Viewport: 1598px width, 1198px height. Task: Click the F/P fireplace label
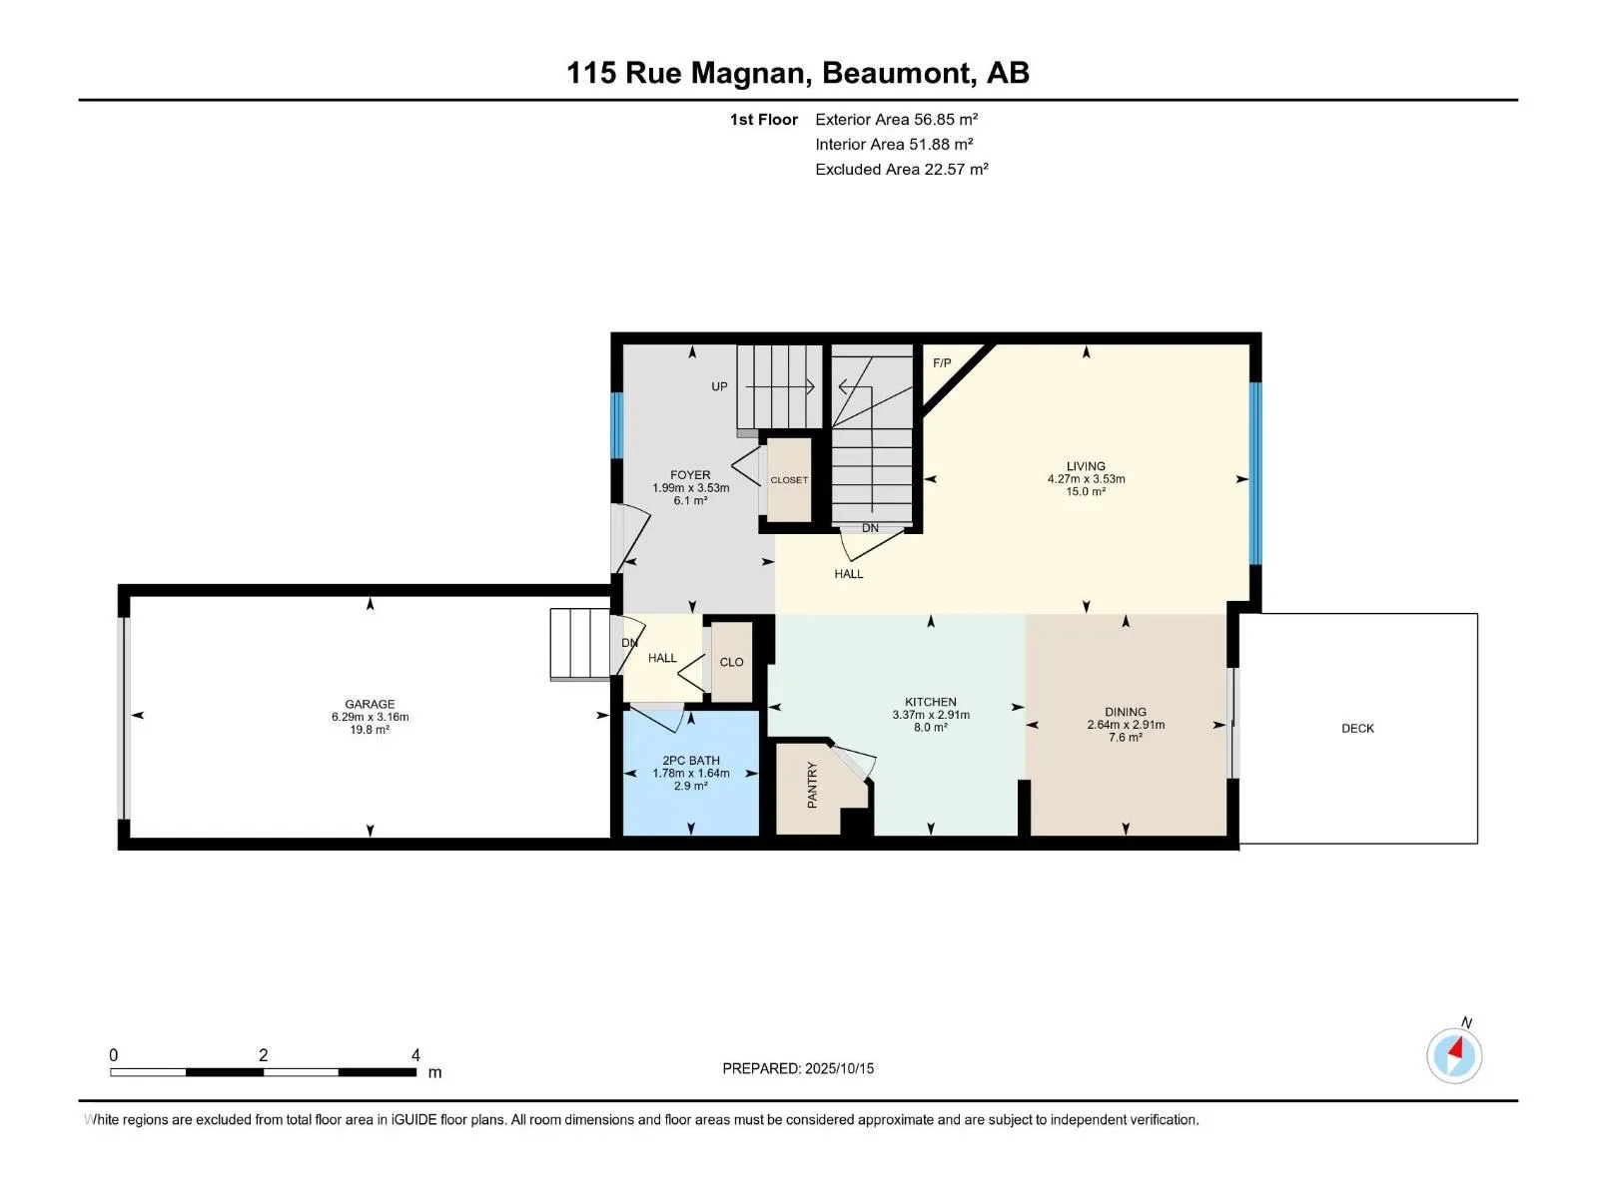click(x=942, y=363)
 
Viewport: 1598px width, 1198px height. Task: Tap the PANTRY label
click(x=812, y=785)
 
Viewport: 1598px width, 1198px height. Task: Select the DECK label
click(x=1357, y=728)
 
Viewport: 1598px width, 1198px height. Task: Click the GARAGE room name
click(x=370, y=704)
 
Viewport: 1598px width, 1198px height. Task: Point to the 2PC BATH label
click(x=691, y=760)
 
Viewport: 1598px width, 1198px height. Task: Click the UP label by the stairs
click(x=719, y=387)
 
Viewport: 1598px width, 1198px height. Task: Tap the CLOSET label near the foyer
click(x=789, y=480)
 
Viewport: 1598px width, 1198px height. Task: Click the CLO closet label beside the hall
click(x=732, y=662)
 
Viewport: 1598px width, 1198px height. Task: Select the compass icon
click(x=1454, y=1056)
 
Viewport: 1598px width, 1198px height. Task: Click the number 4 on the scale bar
click(x=415, y=1055)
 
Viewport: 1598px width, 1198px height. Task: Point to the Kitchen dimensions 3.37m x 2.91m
click(x=931, y=715)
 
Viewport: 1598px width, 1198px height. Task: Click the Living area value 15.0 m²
click(x=1087, y=492)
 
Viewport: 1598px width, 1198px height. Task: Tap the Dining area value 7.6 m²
click(x=1126, y=738)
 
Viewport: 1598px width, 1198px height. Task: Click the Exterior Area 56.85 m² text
click(x=896, y=119)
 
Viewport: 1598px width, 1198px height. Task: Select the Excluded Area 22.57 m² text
click(x=901, y=170)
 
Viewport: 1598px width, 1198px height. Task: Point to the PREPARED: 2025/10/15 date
click(x=798, y=1068)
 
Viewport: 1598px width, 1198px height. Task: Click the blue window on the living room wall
click(x=1255, y=473)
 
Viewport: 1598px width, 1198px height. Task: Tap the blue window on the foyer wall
click(x=617, y=425)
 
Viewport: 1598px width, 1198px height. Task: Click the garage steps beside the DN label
click(x=579, y=645)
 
